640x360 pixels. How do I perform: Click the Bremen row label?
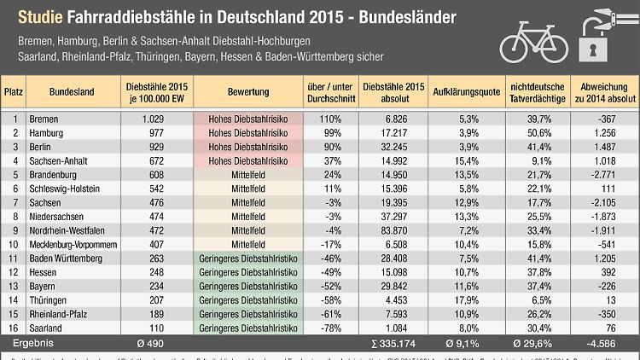pos(44,119)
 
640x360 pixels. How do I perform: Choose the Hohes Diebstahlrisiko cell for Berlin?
pos(249,147)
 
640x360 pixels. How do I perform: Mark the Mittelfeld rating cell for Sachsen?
pos(249,201)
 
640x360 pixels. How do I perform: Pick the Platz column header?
pos(13,91)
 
